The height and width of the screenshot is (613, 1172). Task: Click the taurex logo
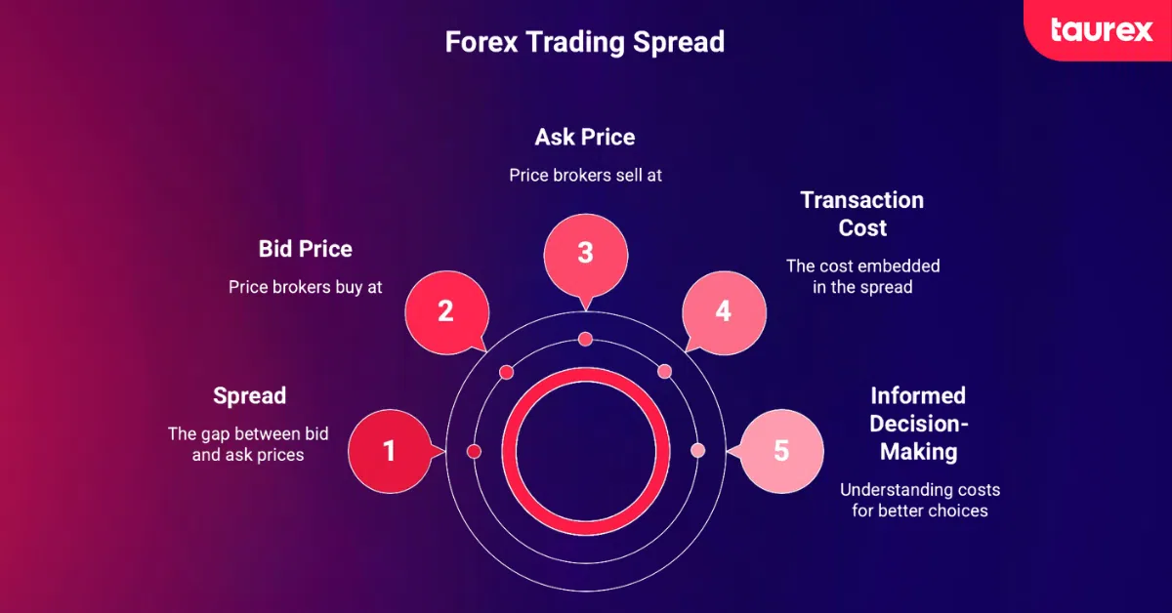tap(1102, 30)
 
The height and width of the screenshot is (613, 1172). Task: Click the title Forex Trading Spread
tap(585, 43)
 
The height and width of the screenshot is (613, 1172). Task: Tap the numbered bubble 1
tap(389, 451)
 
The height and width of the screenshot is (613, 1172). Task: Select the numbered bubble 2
tap(445, 311)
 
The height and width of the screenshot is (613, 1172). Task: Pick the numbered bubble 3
tap(585, 253)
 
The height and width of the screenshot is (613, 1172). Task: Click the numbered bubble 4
tap(723, 311)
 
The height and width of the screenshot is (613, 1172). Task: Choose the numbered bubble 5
tap(780, 451)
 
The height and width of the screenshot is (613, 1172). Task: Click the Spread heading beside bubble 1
tap(249, 395)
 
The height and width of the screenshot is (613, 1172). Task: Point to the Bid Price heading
tap(305, 249)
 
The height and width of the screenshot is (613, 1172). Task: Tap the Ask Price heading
tap(585, 138)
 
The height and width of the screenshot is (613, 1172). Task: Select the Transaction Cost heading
tap(861, 214)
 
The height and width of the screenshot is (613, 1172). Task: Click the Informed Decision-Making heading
tap(918, 424)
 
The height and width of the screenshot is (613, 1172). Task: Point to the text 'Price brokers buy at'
tap(305, 288)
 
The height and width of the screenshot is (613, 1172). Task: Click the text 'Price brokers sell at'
tap(585, 176)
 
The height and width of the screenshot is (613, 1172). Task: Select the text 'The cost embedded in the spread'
tap(862, 276)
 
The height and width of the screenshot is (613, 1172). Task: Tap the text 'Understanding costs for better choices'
tap(919, 500)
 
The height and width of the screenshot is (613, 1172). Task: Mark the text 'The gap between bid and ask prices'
tap(248, 444)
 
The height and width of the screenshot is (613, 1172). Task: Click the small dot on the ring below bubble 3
tap(585, 339)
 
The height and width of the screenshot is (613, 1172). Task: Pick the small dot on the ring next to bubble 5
tap(697, 451)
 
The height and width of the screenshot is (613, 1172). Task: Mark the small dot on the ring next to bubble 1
tap(474, 451)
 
